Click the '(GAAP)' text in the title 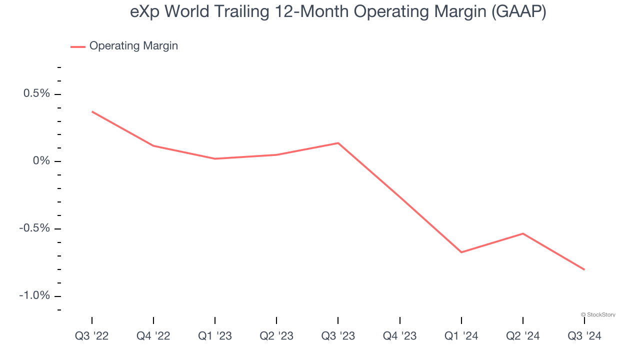coord(518,11)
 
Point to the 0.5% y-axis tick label coord(36,94)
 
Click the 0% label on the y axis coord(41,161)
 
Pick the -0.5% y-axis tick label coord(35,228)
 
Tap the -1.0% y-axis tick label coord(35,295)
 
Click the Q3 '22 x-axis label coord(91,336)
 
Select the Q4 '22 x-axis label coord(153,336)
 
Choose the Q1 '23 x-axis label coord(215,336)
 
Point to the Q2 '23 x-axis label coord(276,336)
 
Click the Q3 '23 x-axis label coord(338,336)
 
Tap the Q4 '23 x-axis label coord(399,336)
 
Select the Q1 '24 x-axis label coord(461,336)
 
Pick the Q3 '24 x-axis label coord(584,336)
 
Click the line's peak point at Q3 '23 coord(338,143)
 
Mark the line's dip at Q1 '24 coord(461,252)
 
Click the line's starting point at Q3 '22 coord(92,111)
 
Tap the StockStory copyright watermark coord(598,314)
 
